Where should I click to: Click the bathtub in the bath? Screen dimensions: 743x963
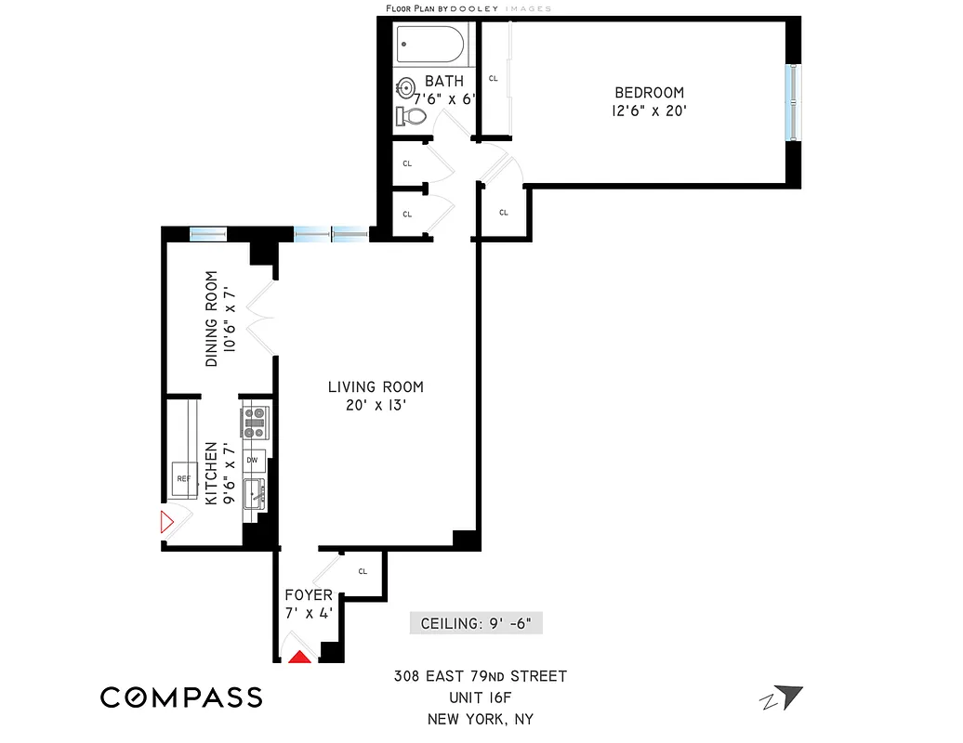pyautogui.click(x=430, y=44)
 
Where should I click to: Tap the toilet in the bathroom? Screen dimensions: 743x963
pyautogui.click(x=411, y=116)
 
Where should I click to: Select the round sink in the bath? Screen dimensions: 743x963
pyautogui.click(x=406, y=89)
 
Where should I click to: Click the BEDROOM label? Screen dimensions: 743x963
pyautogui.click(x=649, y=93)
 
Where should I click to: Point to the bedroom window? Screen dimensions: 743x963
pyautogui.click(x=791, y=99)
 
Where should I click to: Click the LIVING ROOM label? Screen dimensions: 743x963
pyautogui.click(x=375, y=387)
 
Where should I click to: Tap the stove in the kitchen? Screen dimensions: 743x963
pyautogui.click(x=256, y=423)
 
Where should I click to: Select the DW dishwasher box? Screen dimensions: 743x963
pyautogui.click(x=253, y=460)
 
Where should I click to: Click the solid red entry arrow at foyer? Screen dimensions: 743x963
pyautogui.click(x=299, y=657)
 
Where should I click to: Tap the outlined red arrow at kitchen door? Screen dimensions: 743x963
pyautogui.click(x=167, y=522)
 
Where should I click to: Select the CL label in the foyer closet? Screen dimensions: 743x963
pyautogui.click(x=363, y=571)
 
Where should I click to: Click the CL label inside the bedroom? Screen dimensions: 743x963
pyautogui.click(x=493, y=79)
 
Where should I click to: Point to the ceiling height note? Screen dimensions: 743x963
pyautogui.click(x=476, y=623)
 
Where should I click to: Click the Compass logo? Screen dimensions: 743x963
pyautogui.click(x=181, y=697)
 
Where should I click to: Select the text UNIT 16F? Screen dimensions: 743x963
pyautogui.click(x=480, y=697)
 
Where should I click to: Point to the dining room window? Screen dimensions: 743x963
pyautogui.click(x=208, y=233)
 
